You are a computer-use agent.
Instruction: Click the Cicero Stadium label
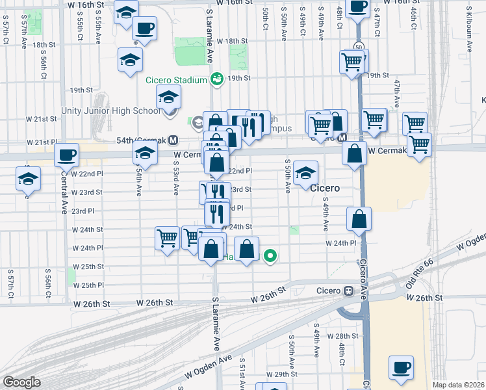(176, 81)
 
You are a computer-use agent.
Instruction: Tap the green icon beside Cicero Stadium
(216, 80)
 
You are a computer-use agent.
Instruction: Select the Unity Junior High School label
(111, 110)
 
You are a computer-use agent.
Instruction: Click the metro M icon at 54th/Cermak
(173, 140)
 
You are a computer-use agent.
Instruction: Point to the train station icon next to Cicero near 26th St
(348, 290)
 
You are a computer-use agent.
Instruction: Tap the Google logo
(21, 382)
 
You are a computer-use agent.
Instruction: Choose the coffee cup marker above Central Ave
(66, 156)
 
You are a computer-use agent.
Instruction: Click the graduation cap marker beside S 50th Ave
(306, 174)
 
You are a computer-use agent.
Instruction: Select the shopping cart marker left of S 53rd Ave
(168, 239)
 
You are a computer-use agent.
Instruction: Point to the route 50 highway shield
(359, 46)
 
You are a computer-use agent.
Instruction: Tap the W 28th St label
(342, 336)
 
